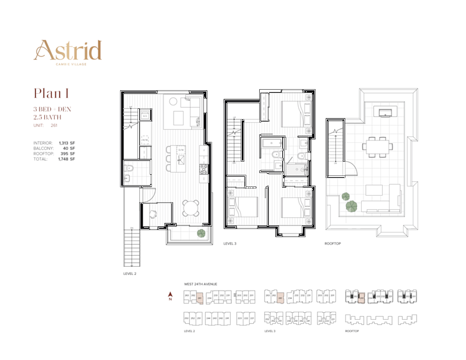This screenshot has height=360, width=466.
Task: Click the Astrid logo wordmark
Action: point(68,50)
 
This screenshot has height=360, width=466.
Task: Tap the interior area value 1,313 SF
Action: point(66,143)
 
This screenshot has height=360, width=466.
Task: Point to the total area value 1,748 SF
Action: point(66,159)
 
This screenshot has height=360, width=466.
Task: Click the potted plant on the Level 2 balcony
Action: point(201,233)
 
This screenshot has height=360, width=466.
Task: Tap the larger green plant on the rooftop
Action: point(351,205)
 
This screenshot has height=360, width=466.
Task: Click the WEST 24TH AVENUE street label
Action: point(200,284)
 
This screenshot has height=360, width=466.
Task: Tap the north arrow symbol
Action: point(171,295)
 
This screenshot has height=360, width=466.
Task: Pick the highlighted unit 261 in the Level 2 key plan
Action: point(200,299)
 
